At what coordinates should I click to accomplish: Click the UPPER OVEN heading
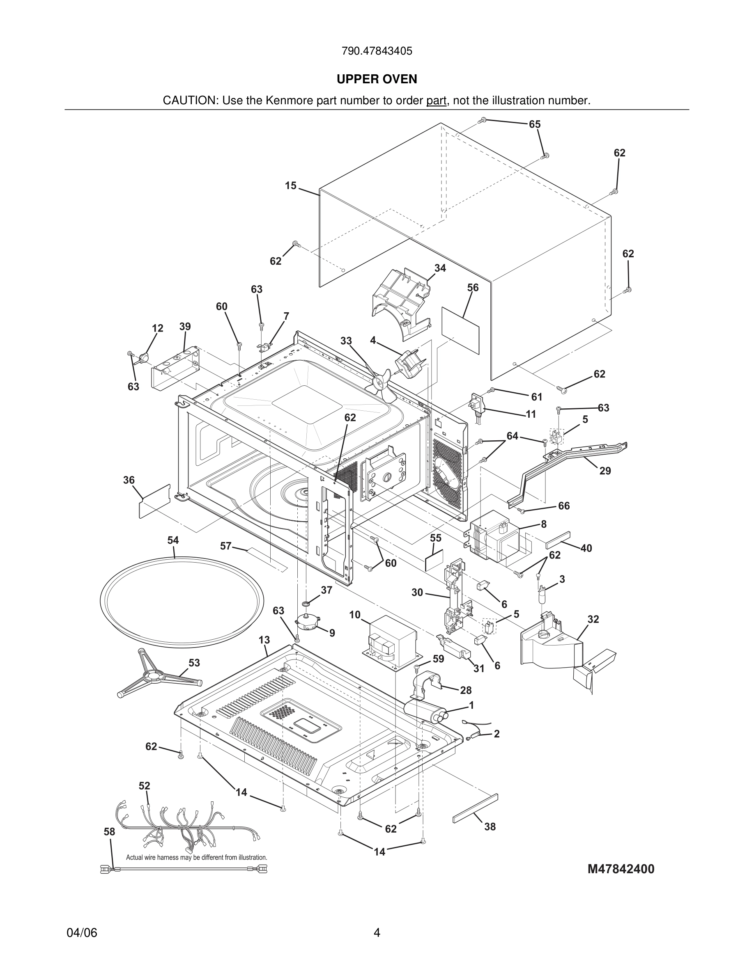pyautogui.click(x=377, y=79)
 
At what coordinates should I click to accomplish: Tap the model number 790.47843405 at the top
pyautogui.click(x=377, y=51)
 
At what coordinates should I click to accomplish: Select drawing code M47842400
pyautogui.click(x=621, y=869)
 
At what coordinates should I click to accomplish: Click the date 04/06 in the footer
pyautogui.click(x=82, y=933)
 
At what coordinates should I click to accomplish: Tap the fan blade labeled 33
pyautogui.click(x=381, y=383)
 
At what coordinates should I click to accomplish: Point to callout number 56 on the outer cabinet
pyautogui.click(x=473, y=288)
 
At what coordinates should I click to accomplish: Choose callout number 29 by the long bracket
pyautogui.click(x=605, y=471)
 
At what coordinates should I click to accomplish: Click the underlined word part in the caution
pyautogui.click(x=436, y=101)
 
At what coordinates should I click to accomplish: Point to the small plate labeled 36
pyautogui.click(x=154, y=501)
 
